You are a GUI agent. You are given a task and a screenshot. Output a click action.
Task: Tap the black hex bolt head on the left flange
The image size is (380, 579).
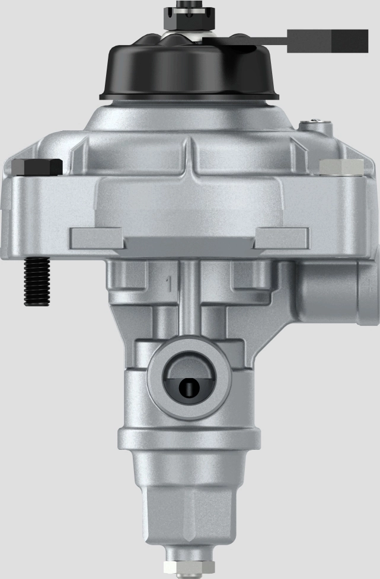coord(37,167)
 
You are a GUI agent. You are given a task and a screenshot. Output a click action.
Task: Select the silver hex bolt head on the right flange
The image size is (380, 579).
coord(341,167)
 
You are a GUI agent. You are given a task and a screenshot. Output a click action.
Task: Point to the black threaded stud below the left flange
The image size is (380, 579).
coord(35,282)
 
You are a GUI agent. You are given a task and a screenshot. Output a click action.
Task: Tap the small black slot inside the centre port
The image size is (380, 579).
coord(189,389)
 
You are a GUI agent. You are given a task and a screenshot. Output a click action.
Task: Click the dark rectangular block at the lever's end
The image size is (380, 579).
coord(327,41)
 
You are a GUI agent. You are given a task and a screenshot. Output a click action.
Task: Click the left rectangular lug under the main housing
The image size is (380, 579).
coord(97,238)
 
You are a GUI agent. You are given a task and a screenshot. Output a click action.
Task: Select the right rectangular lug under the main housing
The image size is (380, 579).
coord(282,238)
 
